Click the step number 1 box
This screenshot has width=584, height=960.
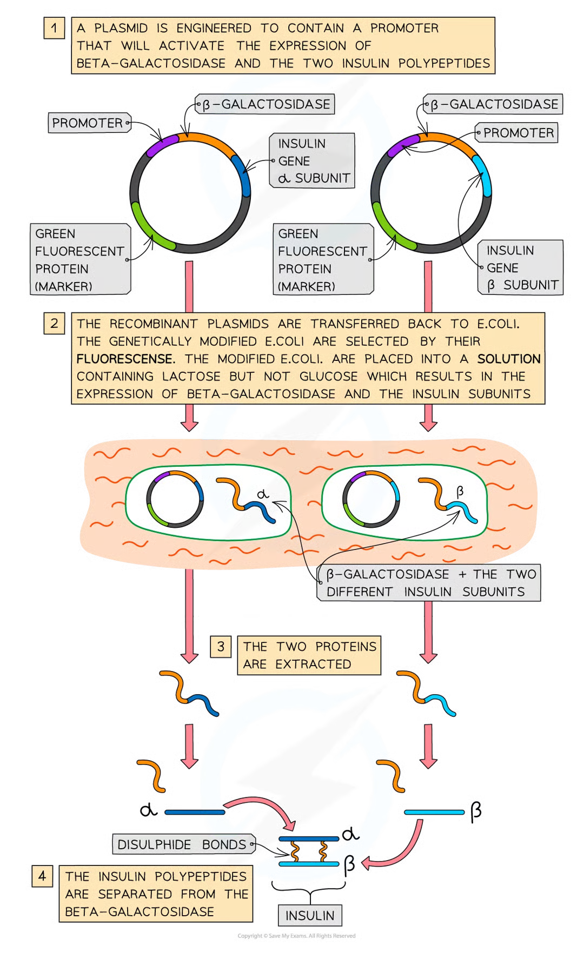54,28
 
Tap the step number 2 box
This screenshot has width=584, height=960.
54,324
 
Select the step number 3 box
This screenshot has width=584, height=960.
221,647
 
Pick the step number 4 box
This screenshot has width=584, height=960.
42,876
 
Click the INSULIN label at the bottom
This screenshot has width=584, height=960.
310,916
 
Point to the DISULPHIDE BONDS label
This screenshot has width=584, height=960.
183,844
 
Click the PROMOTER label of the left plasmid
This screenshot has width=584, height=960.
89,123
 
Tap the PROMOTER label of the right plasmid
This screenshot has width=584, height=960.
517,133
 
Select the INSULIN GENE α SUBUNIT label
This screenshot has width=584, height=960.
313,161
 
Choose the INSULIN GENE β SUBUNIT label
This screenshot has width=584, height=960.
521,267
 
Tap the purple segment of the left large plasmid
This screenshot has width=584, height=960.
162,145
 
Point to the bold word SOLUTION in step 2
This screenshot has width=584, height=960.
508,359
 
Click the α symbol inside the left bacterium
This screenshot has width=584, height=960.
263,494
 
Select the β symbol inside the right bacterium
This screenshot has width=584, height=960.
460,491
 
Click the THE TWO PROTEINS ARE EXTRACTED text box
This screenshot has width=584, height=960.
309,655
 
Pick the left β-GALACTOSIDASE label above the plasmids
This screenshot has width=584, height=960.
265,104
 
